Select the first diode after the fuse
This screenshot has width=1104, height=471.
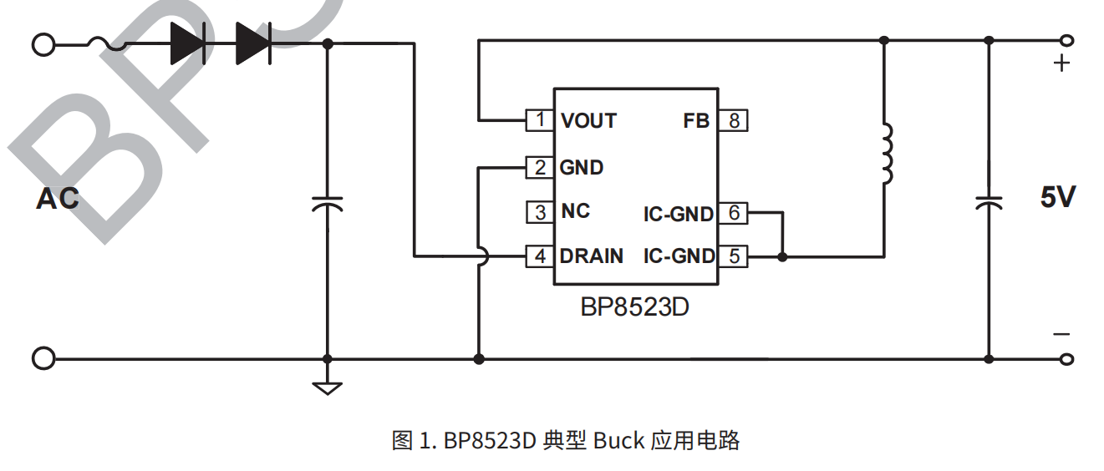(x=187, y=43)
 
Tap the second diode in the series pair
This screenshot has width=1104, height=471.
(x=253, y=43)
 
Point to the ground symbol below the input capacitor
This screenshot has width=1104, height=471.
(x=327, y=387)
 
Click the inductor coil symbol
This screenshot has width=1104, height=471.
(x=885, y=154)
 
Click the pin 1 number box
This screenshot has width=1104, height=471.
(x=539, y=120)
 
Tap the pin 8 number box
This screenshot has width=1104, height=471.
(x=734, y=120)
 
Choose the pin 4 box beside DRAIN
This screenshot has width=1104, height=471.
(x=539, y=256)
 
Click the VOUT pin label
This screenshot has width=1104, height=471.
(x=588, y=121)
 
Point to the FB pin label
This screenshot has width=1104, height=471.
(x=695, y=121)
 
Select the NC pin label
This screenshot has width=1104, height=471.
(x=575, y=211)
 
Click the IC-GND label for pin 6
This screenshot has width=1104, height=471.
(x=678, y=214)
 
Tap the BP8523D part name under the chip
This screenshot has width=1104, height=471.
(x=634, y=307)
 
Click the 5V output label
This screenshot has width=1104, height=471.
(x=1057, y=198)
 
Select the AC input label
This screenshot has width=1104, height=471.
(x=58, y=199)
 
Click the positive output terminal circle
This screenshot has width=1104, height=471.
(x=1066, y=40)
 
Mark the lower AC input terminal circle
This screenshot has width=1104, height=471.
(x=43, y=359)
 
